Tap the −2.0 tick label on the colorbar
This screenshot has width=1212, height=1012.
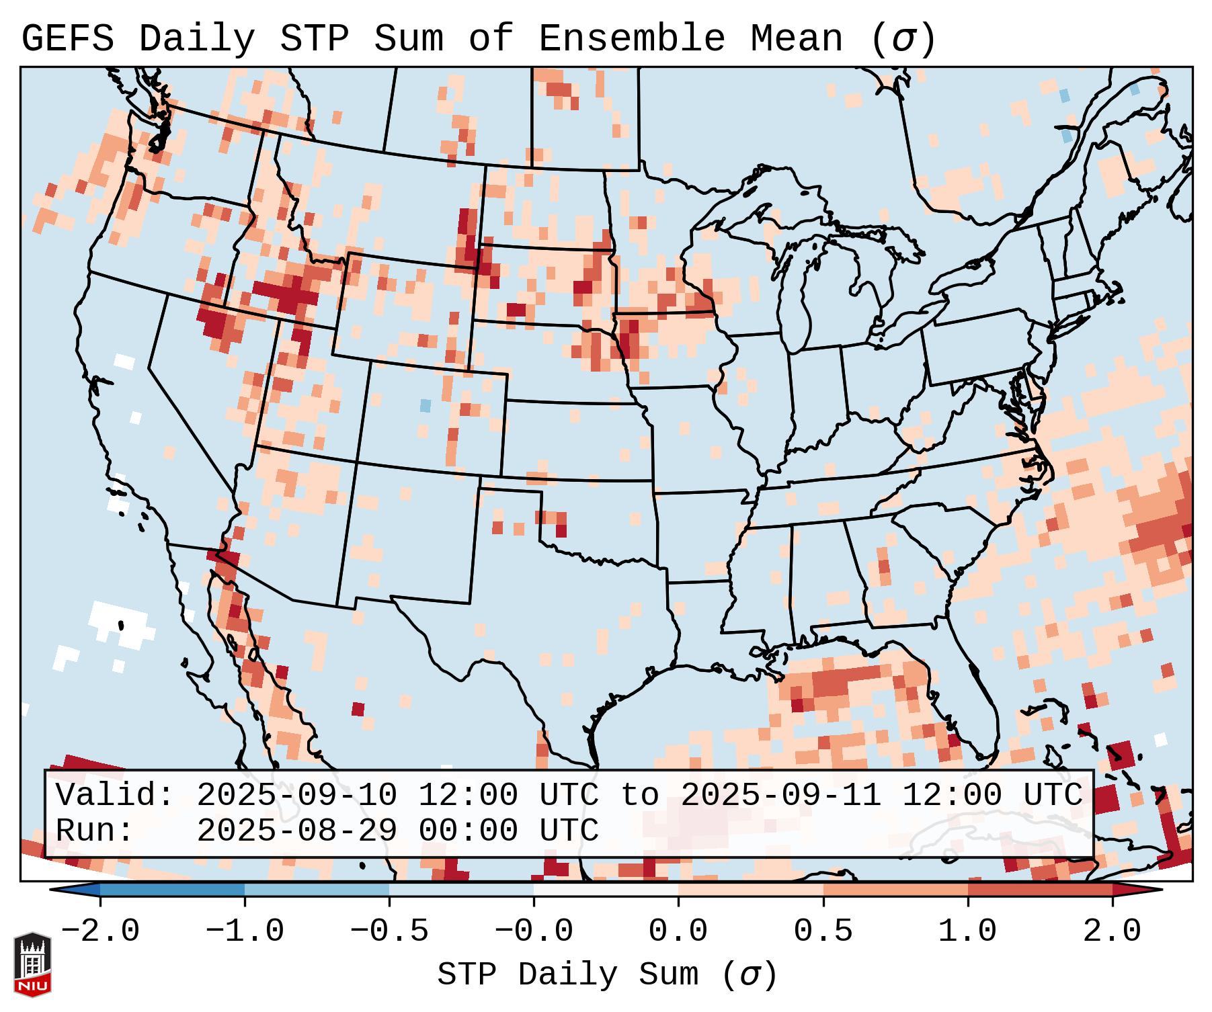[x=100, y=931]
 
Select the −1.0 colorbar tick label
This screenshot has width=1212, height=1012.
[x=245, y=931]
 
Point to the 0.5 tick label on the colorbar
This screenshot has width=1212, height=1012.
[x=823, y=931]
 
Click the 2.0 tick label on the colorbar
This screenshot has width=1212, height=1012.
[x=1112, y=931]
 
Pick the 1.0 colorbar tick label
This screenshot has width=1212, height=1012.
[x=967, y=931]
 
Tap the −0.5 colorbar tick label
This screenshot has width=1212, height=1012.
[x=389, y=931]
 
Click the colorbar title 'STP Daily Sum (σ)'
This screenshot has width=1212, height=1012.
[x=607, y=974]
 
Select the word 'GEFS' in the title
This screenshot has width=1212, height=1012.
[x=68, y=39]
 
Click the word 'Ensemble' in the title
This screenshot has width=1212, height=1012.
[x=632, y=39]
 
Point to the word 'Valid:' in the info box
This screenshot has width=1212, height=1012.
[x=115, y=795]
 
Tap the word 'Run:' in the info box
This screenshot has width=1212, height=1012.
[x=95, y=831]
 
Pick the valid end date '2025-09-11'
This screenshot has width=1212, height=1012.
[x=780, y=795]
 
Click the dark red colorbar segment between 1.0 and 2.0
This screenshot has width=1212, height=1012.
[x=1040, y=890]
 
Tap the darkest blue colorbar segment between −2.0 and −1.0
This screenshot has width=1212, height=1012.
[x=172, y=890]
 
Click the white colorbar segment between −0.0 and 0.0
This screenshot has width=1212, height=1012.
[x=606, y=890]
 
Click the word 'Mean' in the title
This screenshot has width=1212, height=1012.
[x=797, y=39]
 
